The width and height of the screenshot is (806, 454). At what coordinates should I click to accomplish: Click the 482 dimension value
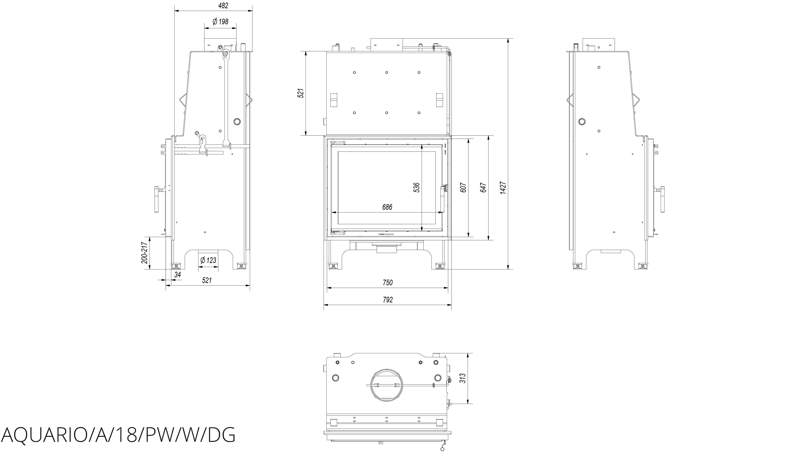pos(223,6)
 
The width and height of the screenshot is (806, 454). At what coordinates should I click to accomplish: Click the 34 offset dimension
pos(178,275)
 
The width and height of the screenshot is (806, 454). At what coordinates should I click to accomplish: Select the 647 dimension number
pos(483,187)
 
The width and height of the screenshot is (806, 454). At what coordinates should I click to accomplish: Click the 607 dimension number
pos(464,187)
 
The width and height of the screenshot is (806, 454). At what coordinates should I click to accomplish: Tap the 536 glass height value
pos(416,187)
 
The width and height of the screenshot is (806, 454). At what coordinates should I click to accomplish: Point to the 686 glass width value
pos(387,207)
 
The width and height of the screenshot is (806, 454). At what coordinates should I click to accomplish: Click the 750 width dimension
pos(387,283)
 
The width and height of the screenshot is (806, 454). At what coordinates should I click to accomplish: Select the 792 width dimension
pos(387,300)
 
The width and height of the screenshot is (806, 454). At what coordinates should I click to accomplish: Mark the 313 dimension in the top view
pos(463,378)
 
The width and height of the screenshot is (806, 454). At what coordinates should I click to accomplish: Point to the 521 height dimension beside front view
pos(301,93)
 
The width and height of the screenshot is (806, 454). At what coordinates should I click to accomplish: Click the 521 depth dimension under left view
pos(207,280)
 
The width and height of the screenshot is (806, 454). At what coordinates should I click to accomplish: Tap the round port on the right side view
pos(582,121)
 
